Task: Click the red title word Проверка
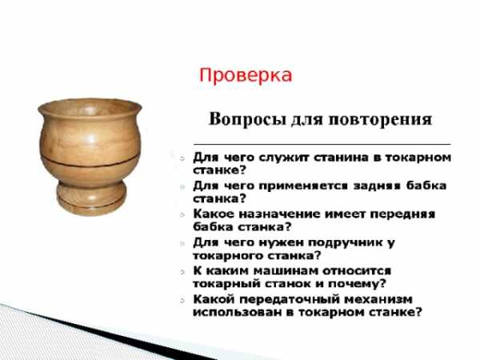(x=246, y=76)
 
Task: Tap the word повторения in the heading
(x=380, y=119)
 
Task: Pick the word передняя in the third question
(x=402, y=214)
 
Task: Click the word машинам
(x=286, y=270)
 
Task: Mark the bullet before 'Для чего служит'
(x=182, y=158)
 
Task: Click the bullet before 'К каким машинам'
(x=182, y=271)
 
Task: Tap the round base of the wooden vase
(x=91, y=199)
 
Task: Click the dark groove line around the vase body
(x=90, y=165)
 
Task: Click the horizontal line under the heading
(x=322, y=143)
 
